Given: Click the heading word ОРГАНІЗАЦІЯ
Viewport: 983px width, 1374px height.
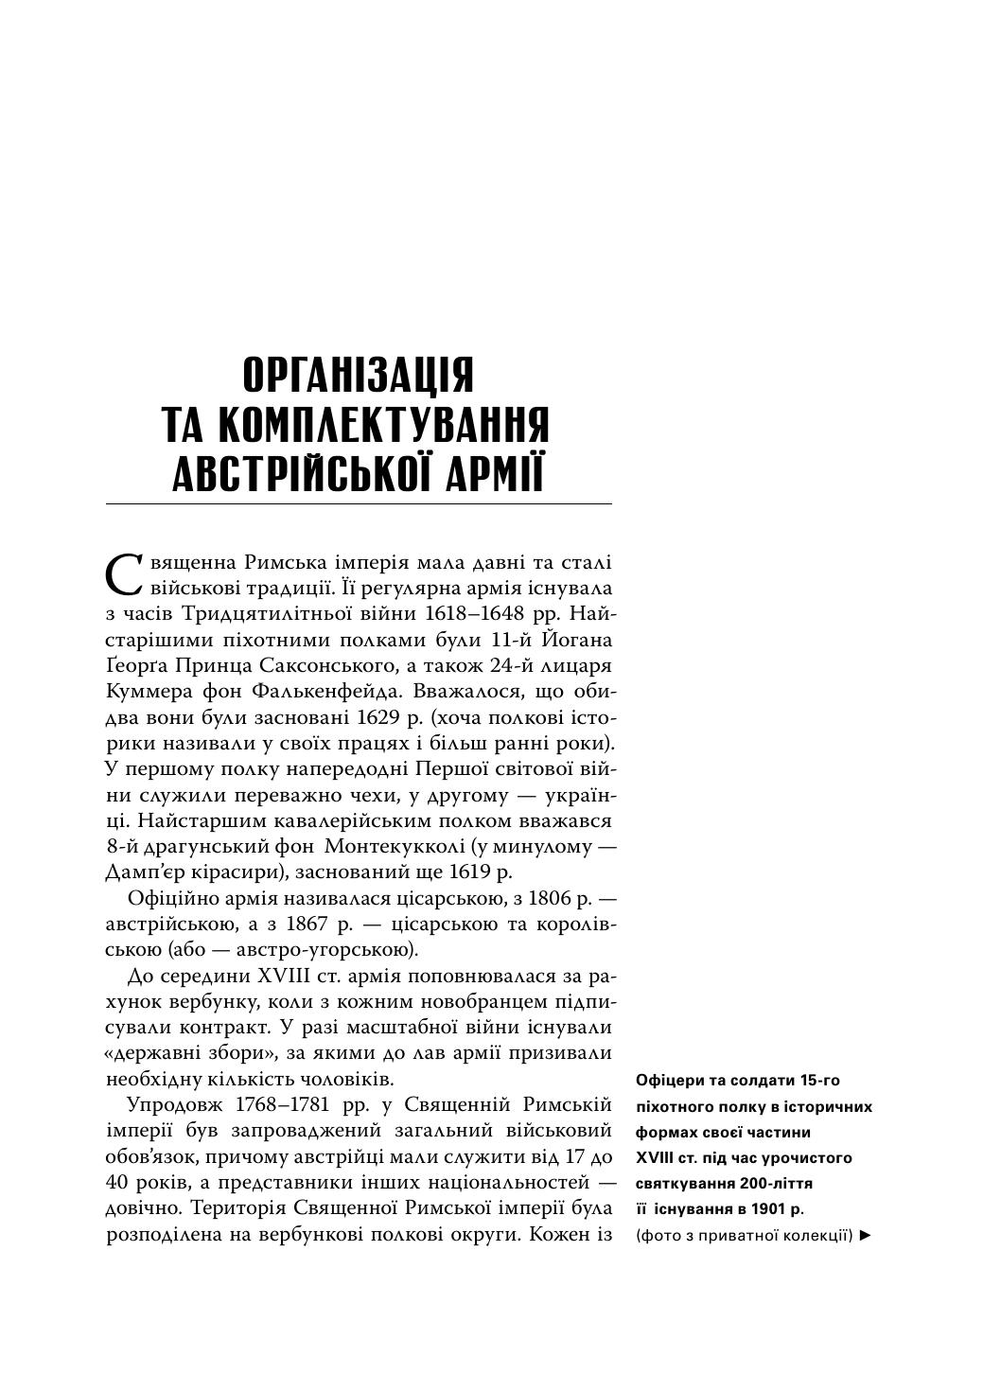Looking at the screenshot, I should click(359, 375).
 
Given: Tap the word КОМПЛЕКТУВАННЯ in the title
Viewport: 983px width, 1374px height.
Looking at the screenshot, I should click(383, 425).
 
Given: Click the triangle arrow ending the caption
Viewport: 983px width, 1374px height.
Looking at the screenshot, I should click(865, 1235).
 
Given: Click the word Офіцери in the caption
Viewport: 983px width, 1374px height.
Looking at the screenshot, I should click(668, 1081).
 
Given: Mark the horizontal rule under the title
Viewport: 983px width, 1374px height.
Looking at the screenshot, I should click(359, 503).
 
